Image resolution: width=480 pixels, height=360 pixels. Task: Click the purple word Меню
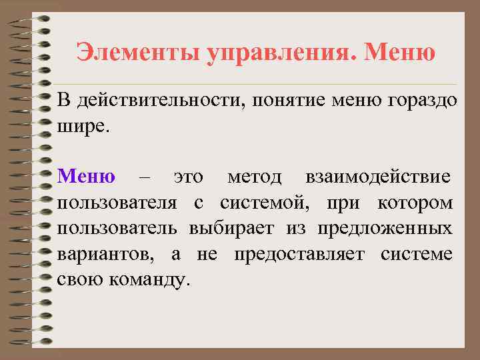click(x=86, y=177)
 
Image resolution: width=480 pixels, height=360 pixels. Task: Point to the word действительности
click(x=163, y=101)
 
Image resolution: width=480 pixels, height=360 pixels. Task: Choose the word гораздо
click(x=421, y=101)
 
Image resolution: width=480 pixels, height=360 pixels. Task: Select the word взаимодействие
click(x=377, y=177)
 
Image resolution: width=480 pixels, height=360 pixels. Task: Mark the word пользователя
click(x=117, y=203)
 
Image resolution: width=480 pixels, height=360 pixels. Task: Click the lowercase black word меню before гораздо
click(x=359, y=101)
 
